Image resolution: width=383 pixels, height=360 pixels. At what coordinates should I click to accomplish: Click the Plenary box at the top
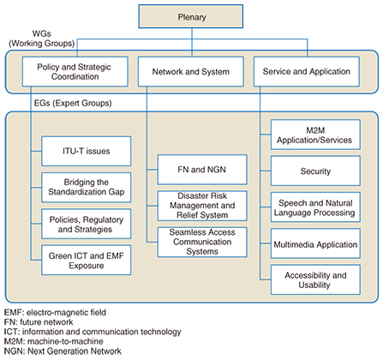(x=191, y=16)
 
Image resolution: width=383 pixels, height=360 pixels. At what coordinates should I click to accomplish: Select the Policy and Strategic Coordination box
(x=75, y=71)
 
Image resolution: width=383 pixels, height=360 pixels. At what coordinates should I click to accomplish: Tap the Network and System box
(x=191, y=71)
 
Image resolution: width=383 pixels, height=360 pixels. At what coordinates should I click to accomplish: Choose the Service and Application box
(x=307, y=71)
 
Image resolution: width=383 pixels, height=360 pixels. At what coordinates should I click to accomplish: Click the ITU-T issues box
(x=87, y=151)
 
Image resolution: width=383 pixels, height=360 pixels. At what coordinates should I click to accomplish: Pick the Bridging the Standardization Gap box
(x=87, y=188)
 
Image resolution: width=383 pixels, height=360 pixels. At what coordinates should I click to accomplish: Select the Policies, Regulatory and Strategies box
(x=87, y=224)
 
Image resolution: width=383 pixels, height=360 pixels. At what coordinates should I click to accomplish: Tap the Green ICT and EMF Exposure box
(x=87, y=260)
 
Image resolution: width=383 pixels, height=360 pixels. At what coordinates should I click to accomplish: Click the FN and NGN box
(x=202, y=170)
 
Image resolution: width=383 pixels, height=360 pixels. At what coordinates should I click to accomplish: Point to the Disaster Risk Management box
(x=202, y=206)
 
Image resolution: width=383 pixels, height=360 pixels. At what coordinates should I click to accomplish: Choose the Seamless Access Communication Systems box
(x=202, y=242)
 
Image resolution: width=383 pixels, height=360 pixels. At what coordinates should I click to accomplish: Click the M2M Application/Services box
(x=315, y=135)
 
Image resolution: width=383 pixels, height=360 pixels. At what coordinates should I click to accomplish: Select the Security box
(x=315, y=171)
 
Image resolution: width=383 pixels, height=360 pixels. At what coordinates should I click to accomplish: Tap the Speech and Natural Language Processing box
(x=315, y=207)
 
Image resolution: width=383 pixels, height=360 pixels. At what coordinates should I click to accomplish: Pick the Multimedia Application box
(x=315, y=243)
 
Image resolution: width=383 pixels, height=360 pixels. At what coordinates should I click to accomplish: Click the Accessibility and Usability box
(x=315, y=279)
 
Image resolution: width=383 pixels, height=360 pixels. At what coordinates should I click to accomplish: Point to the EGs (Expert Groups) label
(x=73, y=103)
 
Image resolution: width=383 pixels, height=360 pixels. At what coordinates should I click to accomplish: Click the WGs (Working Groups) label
(x=42, y=39)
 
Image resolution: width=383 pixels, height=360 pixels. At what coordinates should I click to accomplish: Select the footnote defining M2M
(x=54, y=341)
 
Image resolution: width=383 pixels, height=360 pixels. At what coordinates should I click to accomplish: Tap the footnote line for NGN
(x=63, y=351)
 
